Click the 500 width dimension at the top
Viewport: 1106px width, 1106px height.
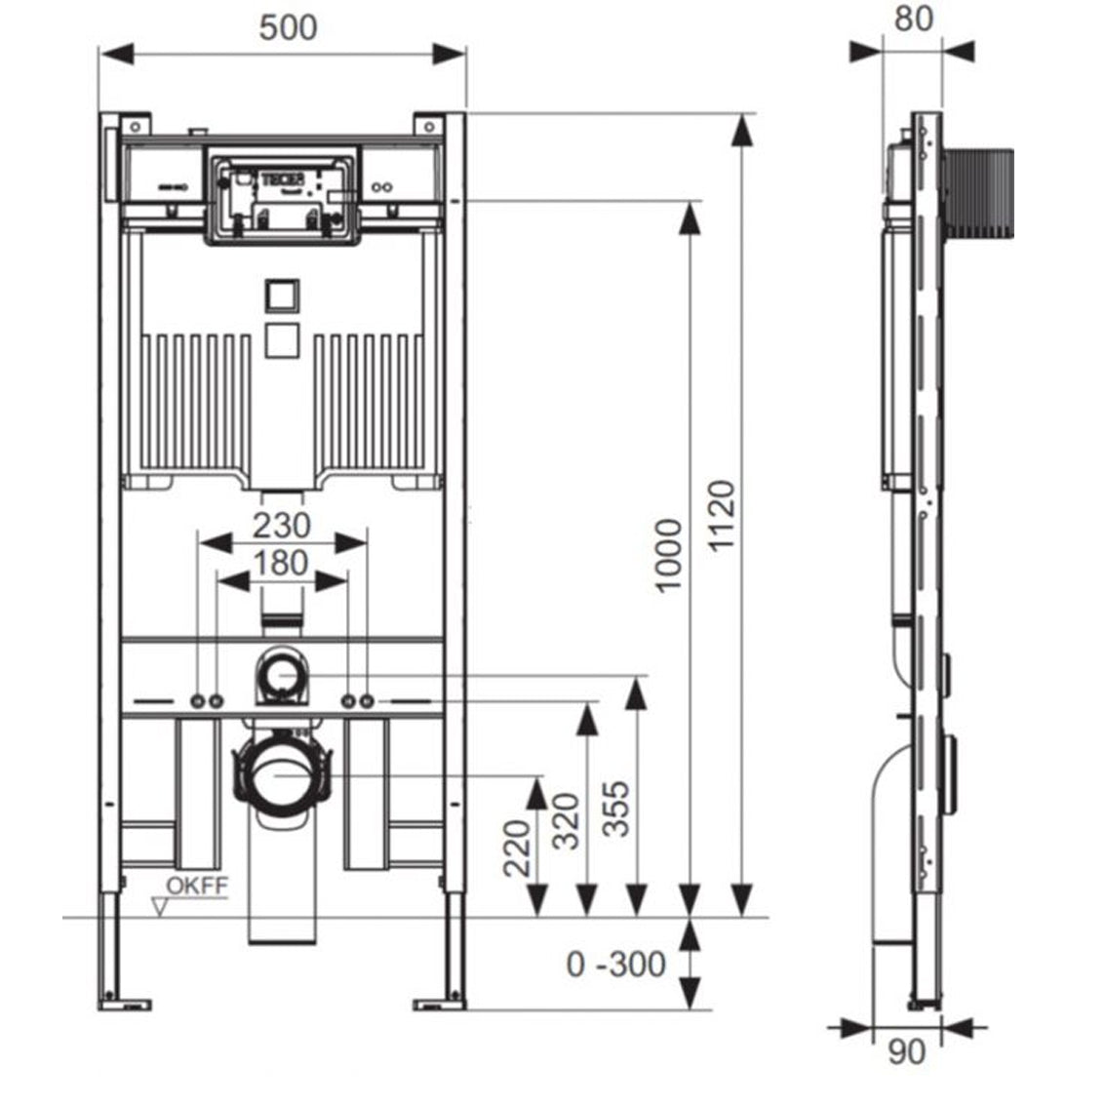click(x=288, y=27)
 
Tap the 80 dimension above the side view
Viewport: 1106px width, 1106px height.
click(x=914, y=19)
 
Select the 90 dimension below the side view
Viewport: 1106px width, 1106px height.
click(x=906, y=1052)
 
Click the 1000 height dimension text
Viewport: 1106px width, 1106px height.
click(x=668, y=556)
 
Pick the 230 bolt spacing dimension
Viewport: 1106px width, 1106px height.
click(x=282, y=525)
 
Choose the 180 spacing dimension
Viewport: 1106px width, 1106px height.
click(x=282, y=563)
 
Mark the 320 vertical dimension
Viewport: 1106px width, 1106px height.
click(x=567, y=820)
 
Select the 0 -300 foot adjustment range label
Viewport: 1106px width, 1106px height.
click(x=616, y=964)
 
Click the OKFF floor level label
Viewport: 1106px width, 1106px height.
click(x=196, y=887)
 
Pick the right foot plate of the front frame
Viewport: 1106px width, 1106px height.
click(x=441, y=1003)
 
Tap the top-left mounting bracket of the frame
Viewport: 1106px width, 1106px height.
click(x=136, y=126)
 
